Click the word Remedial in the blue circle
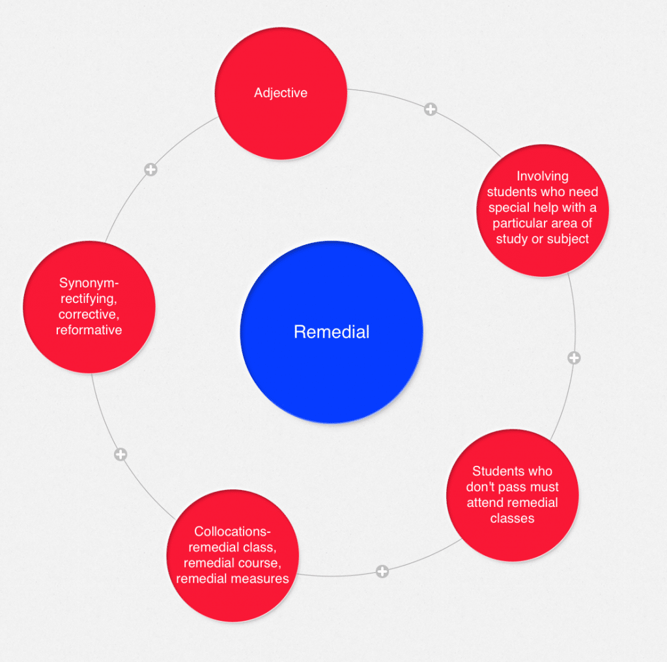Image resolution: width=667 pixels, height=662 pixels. pos(332,332)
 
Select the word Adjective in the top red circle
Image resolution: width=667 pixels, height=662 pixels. pos(281,93)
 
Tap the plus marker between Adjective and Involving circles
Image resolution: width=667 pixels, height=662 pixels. pos(430,109)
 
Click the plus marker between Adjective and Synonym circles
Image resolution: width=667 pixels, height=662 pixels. pos(150,169)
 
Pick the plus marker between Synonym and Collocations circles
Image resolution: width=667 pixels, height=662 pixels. pos(121,454)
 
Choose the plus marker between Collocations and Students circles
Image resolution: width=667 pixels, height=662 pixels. pos(382,571)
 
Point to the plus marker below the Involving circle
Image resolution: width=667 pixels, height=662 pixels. pos(574,358)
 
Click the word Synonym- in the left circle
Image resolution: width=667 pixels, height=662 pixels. pos(90,283)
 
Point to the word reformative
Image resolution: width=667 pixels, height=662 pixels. pos(89,330)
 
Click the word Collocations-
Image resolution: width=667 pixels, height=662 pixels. pos(233,531)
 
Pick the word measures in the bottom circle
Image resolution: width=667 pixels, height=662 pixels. pos(263,578)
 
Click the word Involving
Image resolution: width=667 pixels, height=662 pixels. pos(543,176)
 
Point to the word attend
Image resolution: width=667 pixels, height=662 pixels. pos(483,502)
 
